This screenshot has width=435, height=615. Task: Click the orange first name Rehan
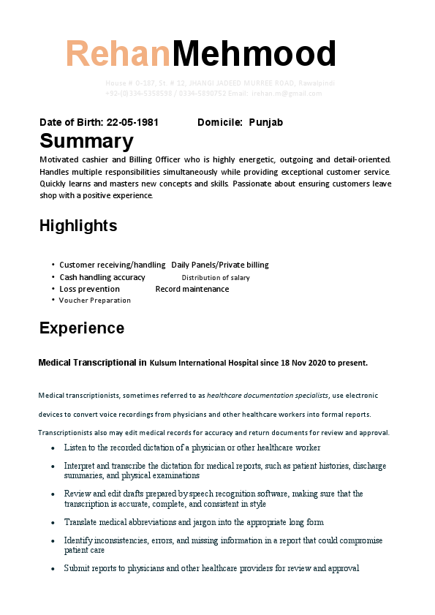coord(118,54)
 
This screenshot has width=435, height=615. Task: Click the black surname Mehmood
coord(254,54)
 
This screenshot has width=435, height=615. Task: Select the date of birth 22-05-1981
coord(132,122)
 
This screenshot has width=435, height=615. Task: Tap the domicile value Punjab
coord(265,122)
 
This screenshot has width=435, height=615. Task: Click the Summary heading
coord(86,140)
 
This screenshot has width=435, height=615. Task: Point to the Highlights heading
coord(78,225)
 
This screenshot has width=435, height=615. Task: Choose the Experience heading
coord(82,328)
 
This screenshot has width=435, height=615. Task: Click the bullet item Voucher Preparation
coord(95,301)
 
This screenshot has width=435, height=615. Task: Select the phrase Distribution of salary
coord(216,278)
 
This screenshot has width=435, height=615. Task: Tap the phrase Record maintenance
coord(192,289)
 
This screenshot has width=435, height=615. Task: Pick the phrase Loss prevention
coord(89,289)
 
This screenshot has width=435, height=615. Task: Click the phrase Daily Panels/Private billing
coord(220,265)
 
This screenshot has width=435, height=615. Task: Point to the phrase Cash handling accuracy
coord(102,277)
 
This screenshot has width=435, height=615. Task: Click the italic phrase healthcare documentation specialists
coord(268,396)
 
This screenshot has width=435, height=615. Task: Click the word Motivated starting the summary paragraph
coord(60,159)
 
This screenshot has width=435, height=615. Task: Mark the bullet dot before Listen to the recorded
coord(53,448)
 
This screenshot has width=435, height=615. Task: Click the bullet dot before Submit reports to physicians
coord(53,568)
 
